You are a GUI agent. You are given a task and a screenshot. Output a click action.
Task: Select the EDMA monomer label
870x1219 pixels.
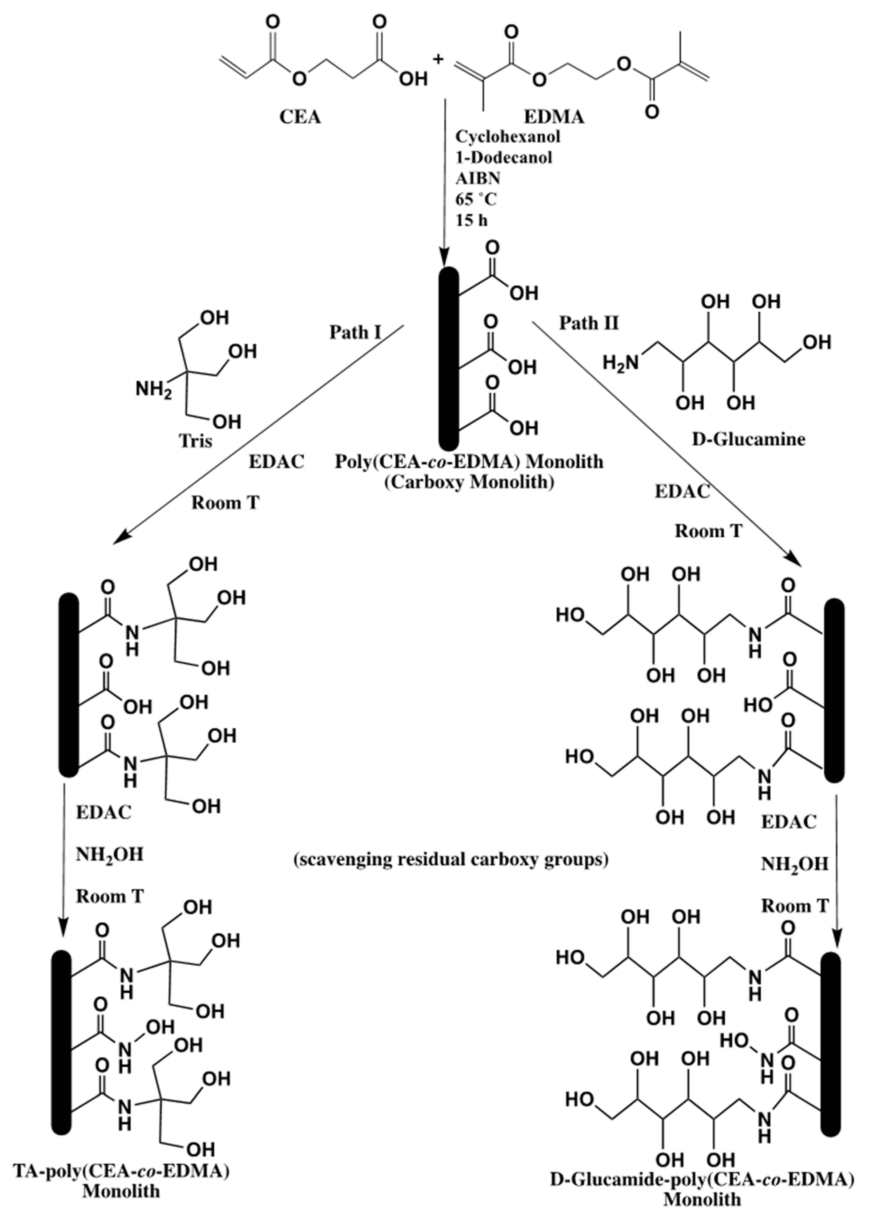coord(553,117)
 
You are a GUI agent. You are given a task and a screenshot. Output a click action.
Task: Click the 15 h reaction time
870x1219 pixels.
coord(471,220)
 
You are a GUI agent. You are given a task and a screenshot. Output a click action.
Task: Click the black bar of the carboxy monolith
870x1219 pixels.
coord(448,359)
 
